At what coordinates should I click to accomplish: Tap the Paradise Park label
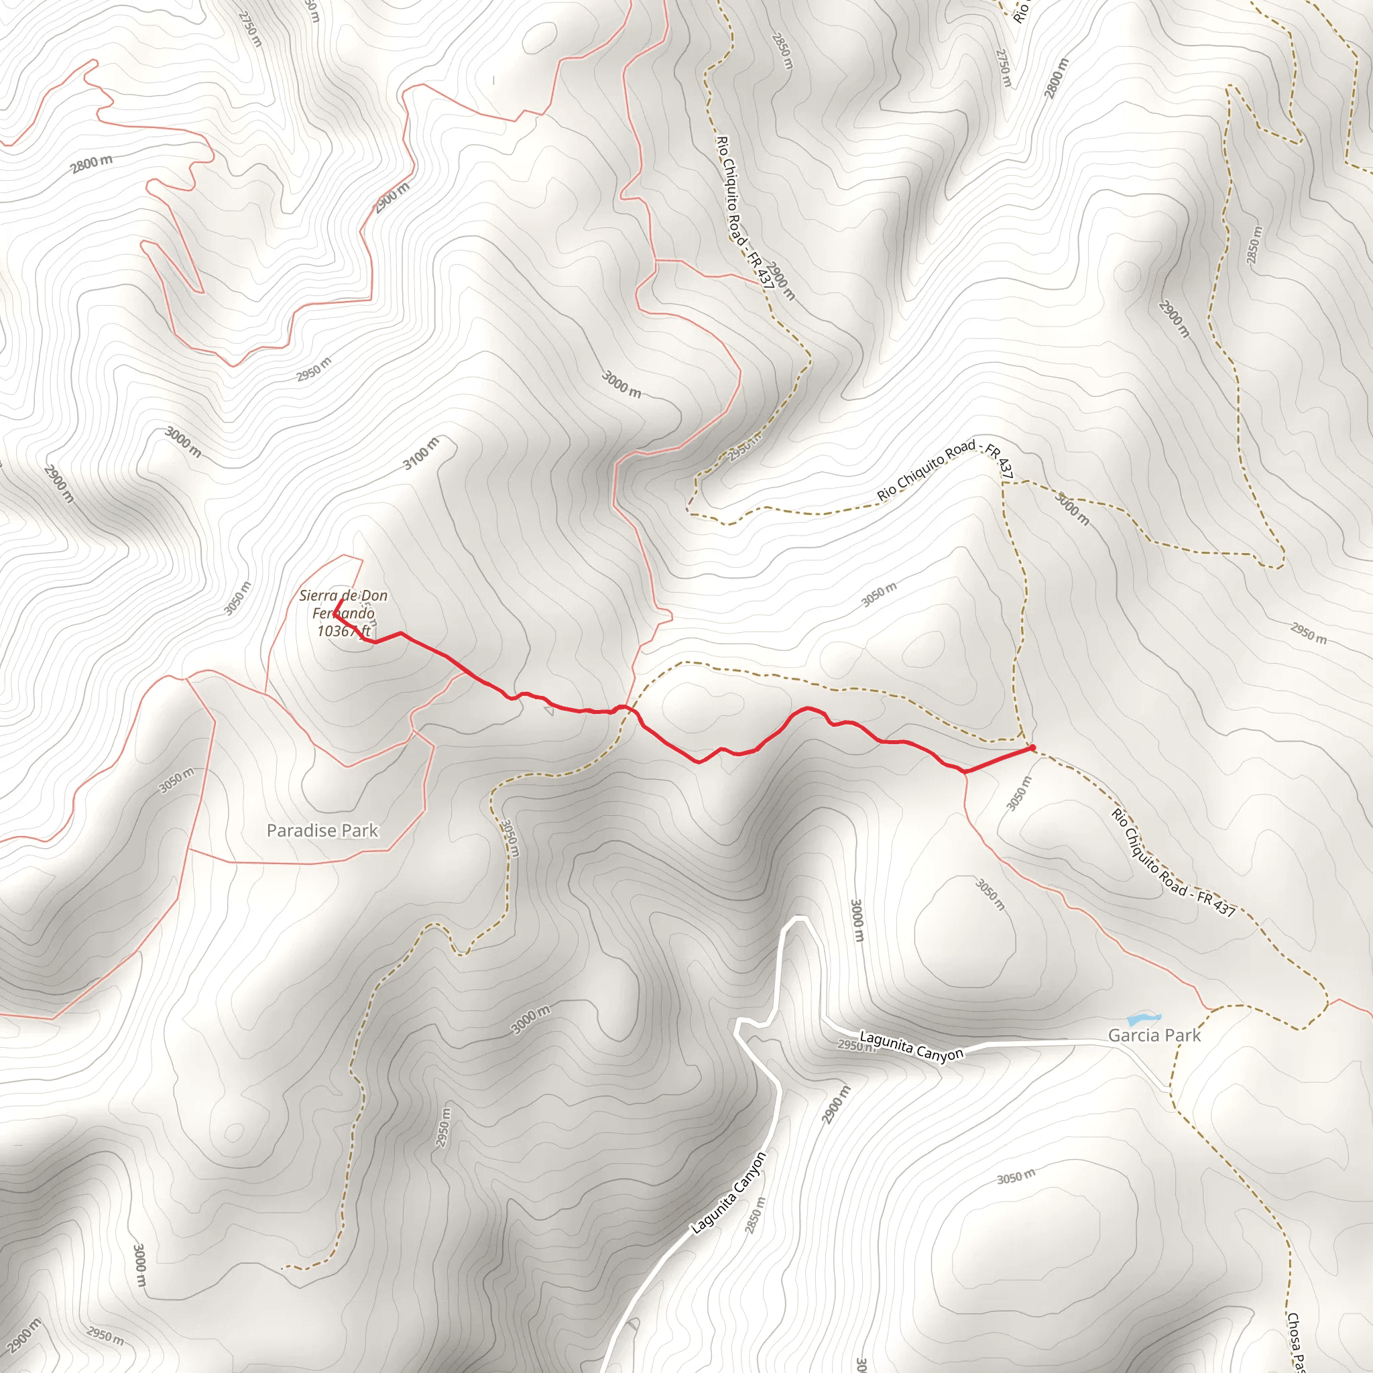point(322,830)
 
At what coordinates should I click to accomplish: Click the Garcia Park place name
point(1154,1034)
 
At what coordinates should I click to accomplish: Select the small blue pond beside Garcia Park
point(1144,1019)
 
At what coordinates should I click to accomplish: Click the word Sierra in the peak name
point(318,595)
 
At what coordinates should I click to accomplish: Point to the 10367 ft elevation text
point(344,630)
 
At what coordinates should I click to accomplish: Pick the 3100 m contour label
point(422,453)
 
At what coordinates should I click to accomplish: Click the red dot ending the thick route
point(1031,748)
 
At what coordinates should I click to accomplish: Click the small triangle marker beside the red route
point(548,709)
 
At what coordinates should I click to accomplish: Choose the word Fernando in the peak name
point(344,613)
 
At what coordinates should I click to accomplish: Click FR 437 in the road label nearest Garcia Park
point(1216,903)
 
